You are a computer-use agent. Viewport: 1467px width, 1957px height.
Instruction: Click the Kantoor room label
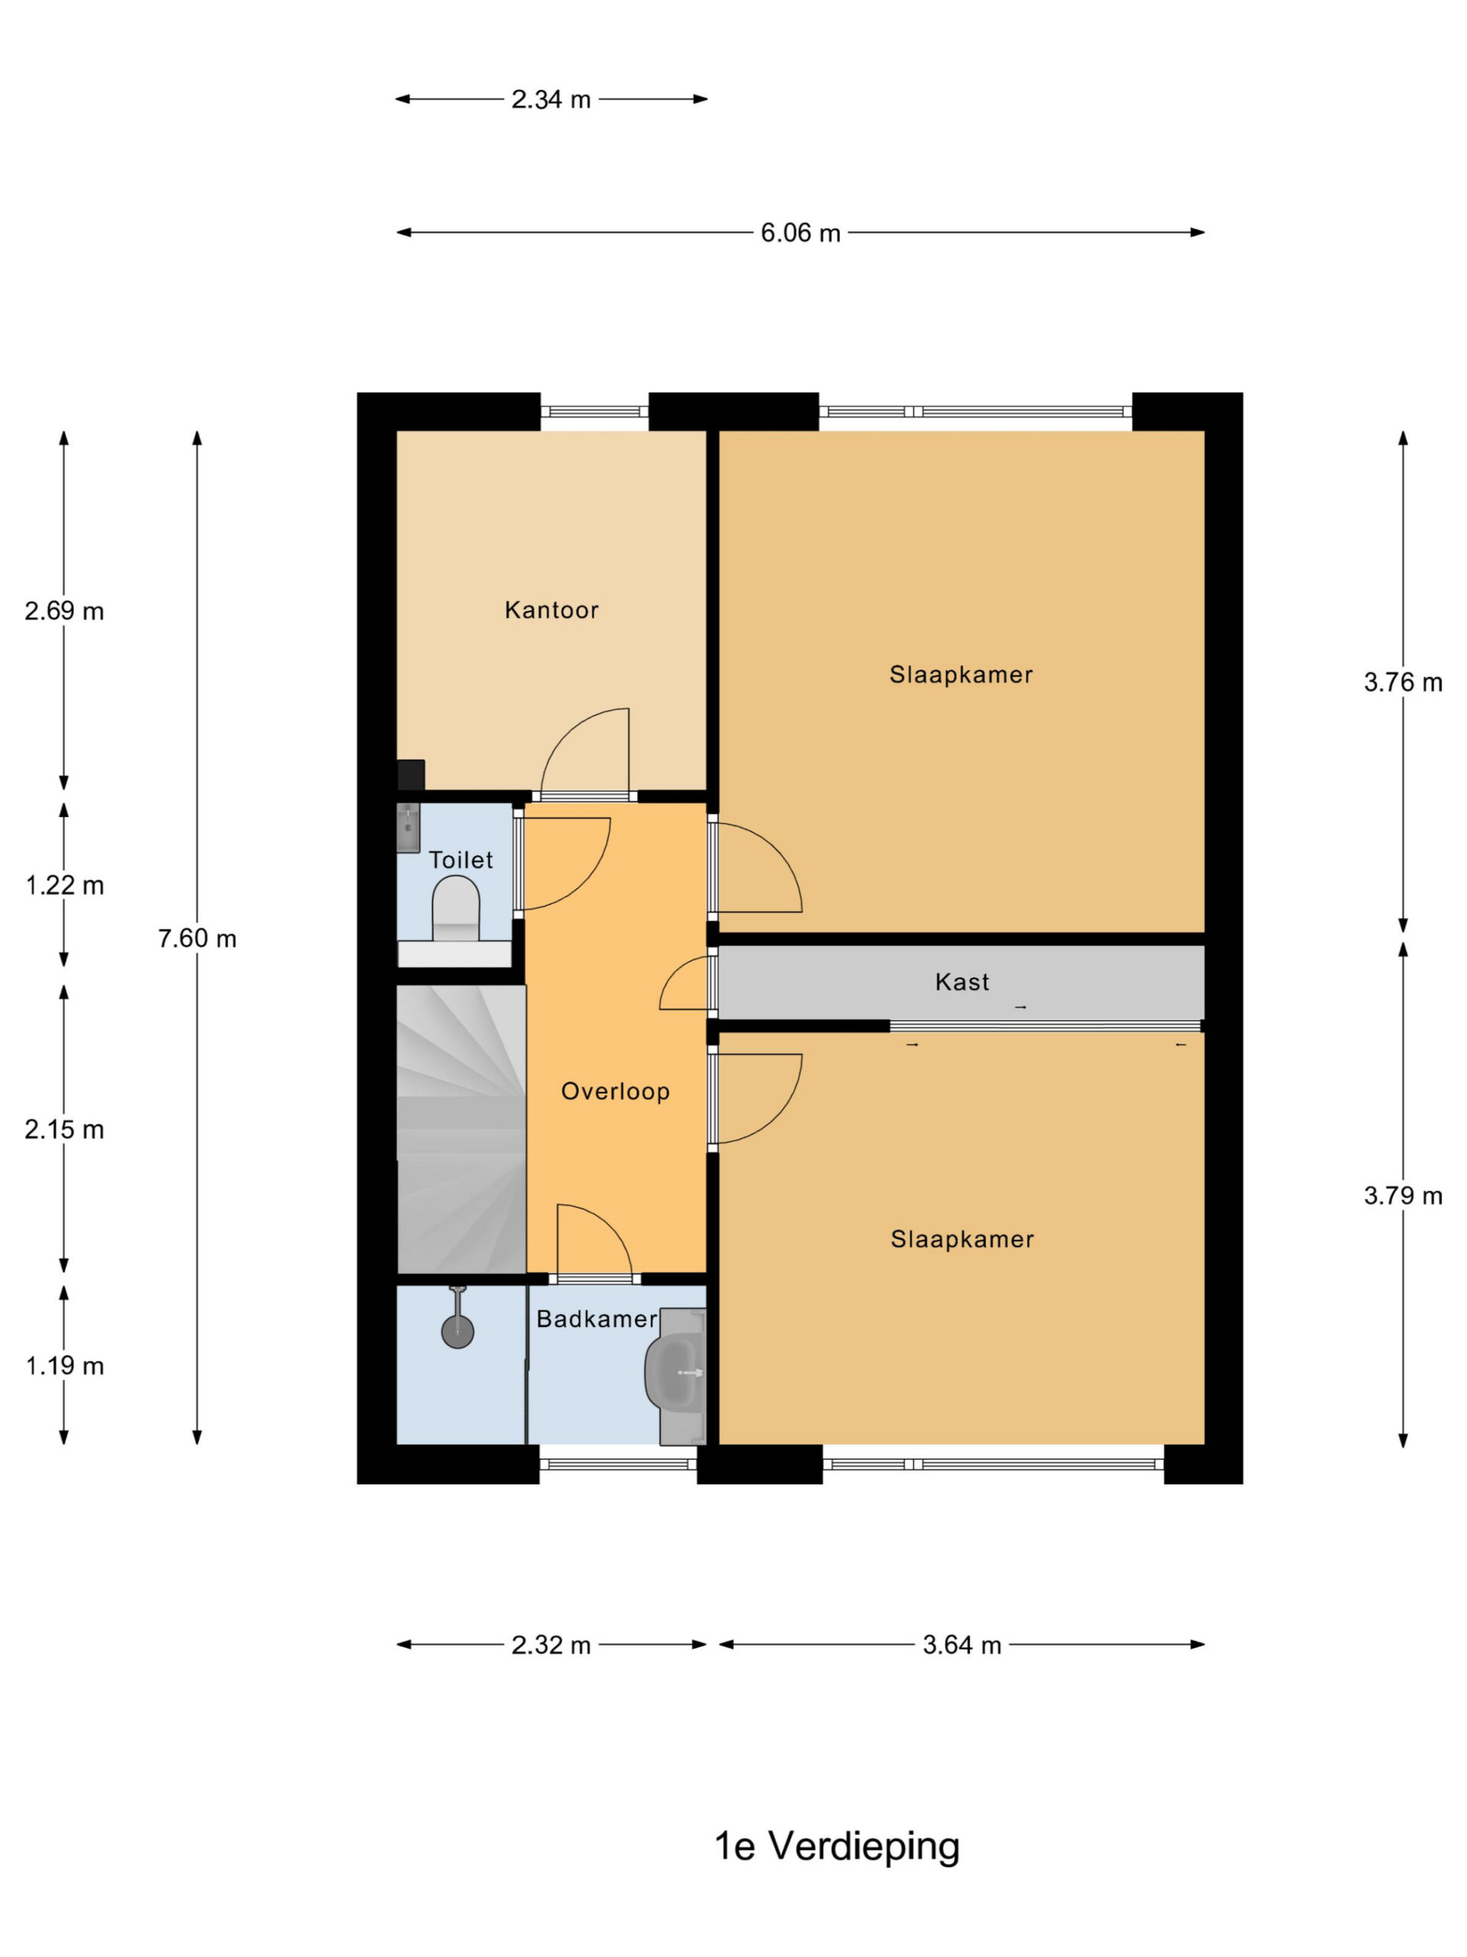551,609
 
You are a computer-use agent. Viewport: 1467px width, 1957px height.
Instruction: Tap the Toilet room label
461,859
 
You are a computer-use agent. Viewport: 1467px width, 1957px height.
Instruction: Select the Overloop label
615,1092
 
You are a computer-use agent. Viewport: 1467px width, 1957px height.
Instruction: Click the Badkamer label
597,1319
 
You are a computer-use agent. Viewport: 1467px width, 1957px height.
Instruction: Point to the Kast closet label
962,982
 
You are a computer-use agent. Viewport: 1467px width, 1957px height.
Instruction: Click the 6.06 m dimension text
800,232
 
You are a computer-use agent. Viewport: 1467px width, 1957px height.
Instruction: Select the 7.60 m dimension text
197,939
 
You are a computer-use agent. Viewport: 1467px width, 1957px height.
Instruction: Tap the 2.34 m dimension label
551,99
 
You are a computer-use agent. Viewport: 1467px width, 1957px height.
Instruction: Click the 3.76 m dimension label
1404,682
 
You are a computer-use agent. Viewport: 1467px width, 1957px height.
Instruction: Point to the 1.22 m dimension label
64,885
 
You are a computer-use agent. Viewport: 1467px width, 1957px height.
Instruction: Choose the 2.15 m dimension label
64,1130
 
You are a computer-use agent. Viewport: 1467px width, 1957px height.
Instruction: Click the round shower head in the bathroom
457,1332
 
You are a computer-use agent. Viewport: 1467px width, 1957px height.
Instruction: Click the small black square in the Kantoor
411,775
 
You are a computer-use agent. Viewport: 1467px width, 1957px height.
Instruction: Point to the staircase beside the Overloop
461,1129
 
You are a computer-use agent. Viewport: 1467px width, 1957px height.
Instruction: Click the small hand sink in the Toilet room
408,828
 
